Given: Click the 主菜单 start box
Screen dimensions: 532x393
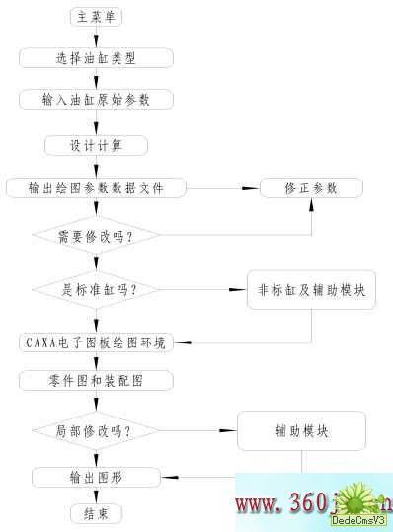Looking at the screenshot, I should pyautogui.click(x=97, y=17).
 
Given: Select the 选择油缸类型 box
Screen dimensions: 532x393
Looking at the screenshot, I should pyautogui.click(x=96, y=57).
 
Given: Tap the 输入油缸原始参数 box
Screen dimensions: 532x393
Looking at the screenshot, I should pyautogui.click(x=96, y=101).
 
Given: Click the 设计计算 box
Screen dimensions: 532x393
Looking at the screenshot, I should pyautogui.click(x=96, y=144).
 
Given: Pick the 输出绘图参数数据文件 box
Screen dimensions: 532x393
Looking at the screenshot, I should pyautogui.click(x=96, y=187).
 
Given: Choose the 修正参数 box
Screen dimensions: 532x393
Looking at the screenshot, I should pyautogui.click(x=311, y=187).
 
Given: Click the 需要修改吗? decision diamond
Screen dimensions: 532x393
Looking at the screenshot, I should pyautogui.click(x=96, y=236).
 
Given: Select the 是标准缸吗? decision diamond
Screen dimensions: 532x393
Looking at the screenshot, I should pyautogui.click(x=96, y=289).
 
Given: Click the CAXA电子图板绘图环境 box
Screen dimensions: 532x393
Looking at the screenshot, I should pyautogui.click(x=96, y=342).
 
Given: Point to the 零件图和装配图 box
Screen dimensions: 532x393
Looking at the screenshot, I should pyautogui.click(x=96, y=379).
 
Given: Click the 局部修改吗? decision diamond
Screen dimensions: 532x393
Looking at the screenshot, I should pyautogui.click(x=96, y=430).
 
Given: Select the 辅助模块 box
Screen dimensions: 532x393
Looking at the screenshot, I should pyautogui.click(x=302, y=431).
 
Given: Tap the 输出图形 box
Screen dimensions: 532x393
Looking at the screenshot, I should pyautogui.click(x=96, y=478).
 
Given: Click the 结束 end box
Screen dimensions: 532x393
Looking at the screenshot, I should pyautogui.click(x=97, y=513).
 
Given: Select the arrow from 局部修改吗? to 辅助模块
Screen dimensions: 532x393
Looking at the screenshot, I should pyautogui.click(x=197, y=430).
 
